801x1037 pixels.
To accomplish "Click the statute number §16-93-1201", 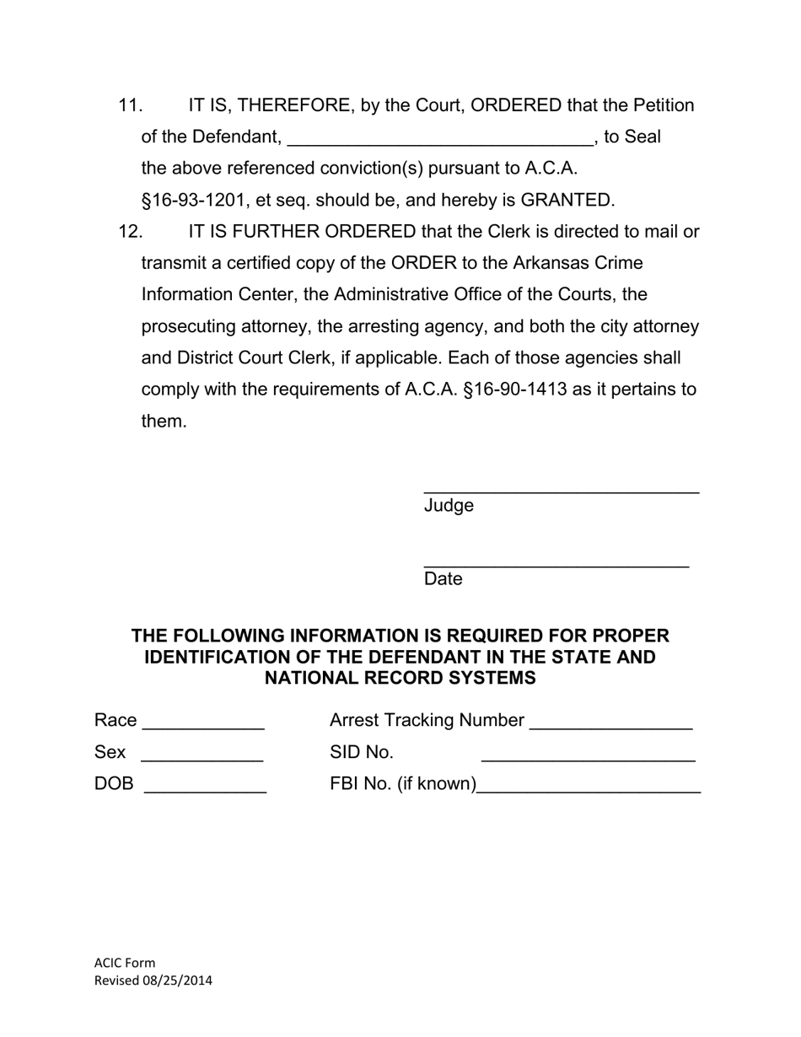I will click(193, 201).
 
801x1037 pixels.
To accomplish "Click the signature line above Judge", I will click(561, 489).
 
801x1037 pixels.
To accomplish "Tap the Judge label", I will click(449, 506).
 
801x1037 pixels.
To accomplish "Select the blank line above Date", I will click(556, 563).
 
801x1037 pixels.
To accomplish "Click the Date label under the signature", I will click(444, 579).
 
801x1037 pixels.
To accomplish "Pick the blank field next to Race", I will click(204, 726).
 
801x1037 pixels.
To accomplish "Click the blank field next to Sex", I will click(202, 758).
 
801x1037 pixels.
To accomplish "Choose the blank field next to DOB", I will click(206, 790).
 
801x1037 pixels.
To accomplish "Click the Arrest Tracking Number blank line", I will click(611, 726).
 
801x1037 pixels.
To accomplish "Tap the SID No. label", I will click(362, 752).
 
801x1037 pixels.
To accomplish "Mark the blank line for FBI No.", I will click(589, 790).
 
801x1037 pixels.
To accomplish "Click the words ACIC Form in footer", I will click(125, 963).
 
